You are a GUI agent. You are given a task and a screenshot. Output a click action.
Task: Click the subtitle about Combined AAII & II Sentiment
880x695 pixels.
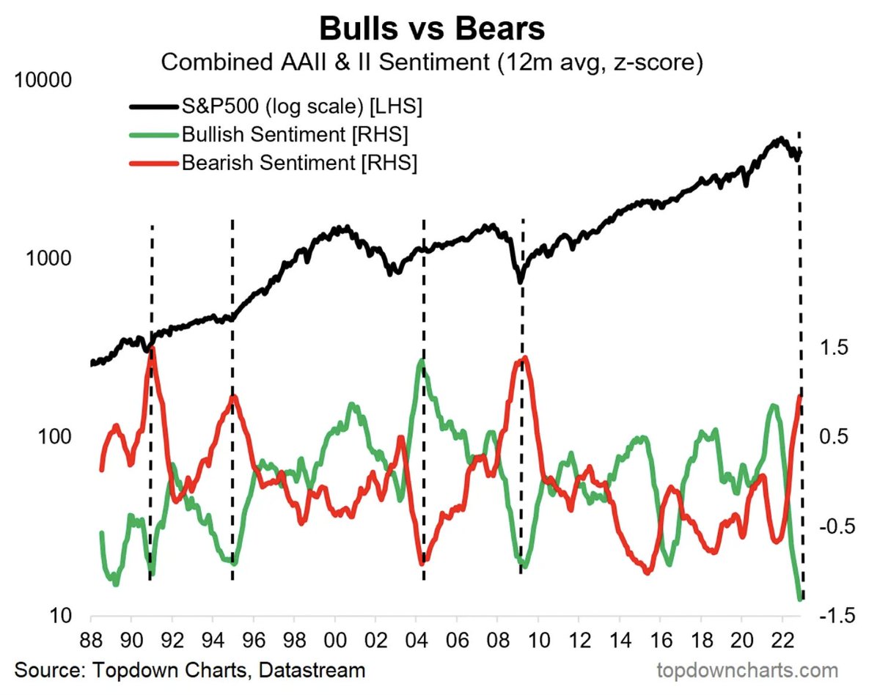(432, 62)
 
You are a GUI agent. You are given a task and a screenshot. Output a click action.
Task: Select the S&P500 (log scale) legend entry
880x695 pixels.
(301, 107)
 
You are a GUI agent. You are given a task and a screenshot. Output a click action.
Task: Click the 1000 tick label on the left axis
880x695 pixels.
(49, 258)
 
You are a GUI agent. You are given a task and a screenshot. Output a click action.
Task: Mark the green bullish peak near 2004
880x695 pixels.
(421, 361)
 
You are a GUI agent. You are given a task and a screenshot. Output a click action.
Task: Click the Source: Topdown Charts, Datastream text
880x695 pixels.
(189, 670)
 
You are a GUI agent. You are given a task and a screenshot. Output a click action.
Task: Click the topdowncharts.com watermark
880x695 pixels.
(748, 670)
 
